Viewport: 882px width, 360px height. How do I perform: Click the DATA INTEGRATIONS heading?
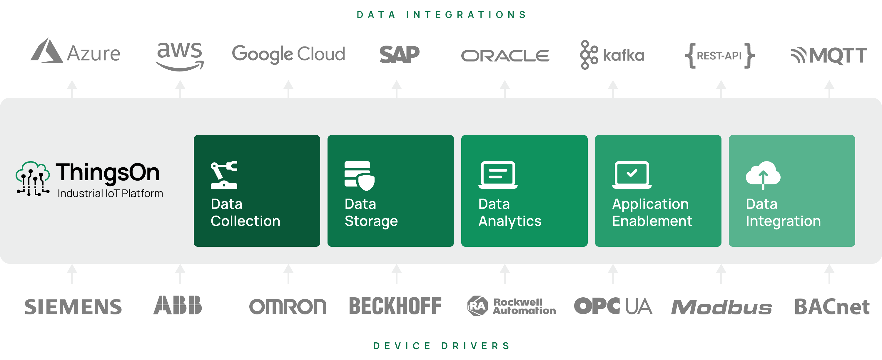click(441, 15)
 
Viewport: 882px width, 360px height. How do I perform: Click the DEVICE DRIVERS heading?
click(441, 346)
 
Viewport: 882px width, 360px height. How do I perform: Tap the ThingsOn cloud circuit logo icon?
click(33, 179)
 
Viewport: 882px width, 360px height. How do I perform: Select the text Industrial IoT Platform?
click(110, 194)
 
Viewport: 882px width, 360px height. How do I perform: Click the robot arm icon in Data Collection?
click(224, 175)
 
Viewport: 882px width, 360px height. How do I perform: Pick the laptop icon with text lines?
click(498, 175)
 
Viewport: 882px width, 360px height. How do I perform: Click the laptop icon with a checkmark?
click(632, 175)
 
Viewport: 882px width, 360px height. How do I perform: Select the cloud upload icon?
click(763, 175)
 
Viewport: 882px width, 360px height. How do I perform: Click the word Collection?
click(245, 221)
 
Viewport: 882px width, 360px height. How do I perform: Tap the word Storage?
click(371, 221)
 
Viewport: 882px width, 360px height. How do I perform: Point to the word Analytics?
click(510, 221)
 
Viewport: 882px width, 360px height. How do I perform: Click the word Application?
click(650, 204)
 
